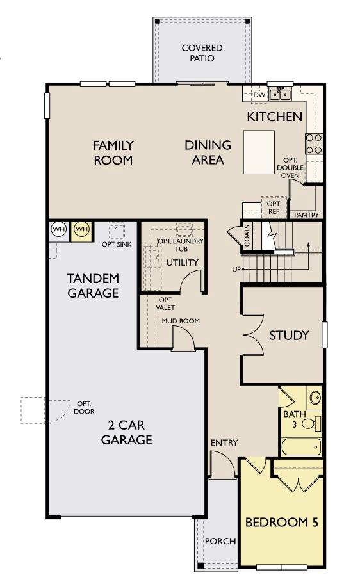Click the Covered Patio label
[202, 53]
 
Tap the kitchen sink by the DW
[279, 95]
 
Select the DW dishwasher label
[259, 95]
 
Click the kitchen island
[259, 152]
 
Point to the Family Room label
[113, 152]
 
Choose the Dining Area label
[208, 152]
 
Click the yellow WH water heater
[81, 229]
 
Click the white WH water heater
[58, 229]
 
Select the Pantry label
[306, 215]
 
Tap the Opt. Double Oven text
[290, 167]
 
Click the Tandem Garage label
[93, 286]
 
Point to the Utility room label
[182, 263]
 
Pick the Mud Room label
[180, 321]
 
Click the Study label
[289, 335]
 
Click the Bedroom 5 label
[281, 521]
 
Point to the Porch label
[220, 541]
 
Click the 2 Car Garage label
[126, 433]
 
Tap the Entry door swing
[221, 463]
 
